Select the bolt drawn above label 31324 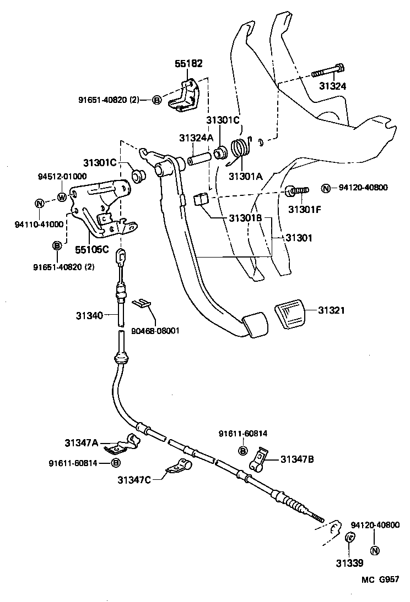pos(328,71)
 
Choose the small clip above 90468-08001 pos(142,302)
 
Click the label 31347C pos(133,479)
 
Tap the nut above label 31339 pos(349,537)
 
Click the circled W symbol pos(61,197)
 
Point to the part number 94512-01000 pos(62,177)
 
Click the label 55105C pos(92,248)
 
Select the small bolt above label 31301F pos(297,190)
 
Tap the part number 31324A pos(196,138)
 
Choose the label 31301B pos(246,218)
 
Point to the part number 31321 pos(331,311)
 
